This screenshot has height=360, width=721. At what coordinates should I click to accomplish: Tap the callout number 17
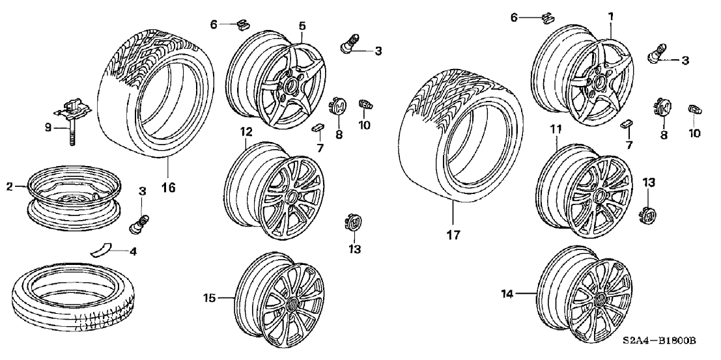(x=453, y=235)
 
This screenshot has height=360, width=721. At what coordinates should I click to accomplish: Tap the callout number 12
(x=245, y=132)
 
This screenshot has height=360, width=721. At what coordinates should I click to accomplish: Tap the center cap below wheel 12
(x=352, y=224)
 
